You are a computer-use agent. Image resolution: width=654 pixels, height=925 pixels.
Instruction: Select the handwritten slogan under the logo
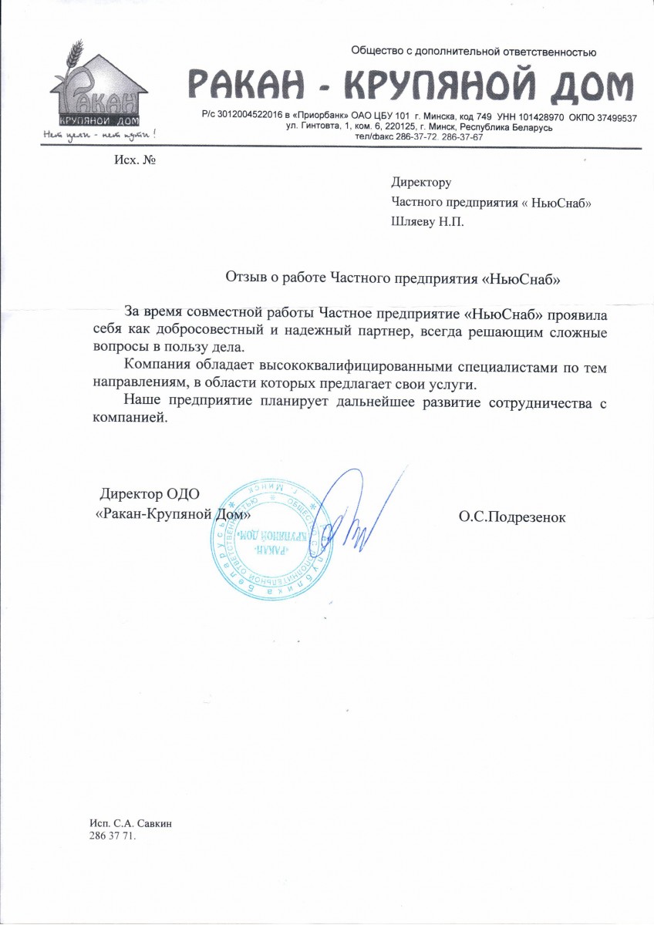pos(99,135)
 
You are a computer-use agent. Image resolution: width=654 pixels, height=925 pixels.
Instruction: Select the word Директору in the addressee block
pos(420,183)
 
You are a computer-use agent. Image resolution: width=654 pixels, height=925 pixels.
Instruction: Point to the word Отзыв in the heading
pos(245,278)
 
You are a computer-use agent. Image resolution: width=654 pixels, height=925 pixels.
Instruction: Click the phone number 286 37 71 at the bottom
pos(112,836)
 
